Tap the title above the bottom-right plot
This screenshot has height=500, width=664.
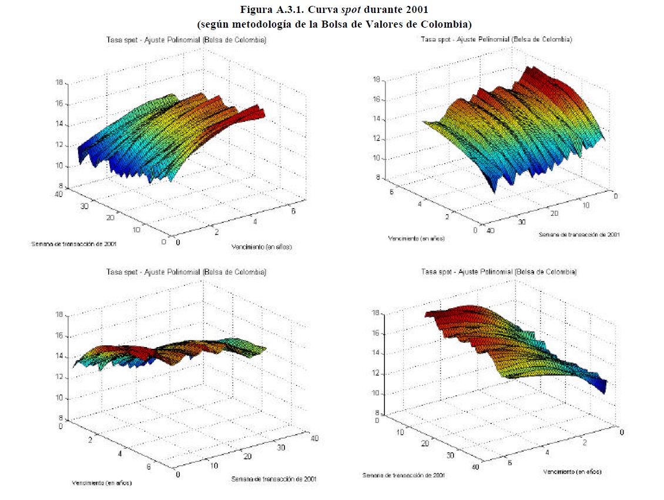(499, 272)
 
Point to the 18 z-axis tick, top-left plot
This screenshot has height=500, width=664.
(59, 84)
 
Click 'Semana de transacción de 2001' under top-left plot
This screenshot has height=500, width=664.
(71, 244)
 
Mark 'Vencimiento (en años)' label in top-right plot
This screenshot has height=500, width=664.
(416, 239)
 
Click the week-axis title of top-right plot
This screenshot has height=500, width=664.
(579, 234)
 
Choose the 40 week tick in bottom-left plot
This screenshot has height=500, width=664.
(314, 437)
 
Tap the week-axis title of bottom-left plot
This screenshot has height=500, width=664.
(274, 479)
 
